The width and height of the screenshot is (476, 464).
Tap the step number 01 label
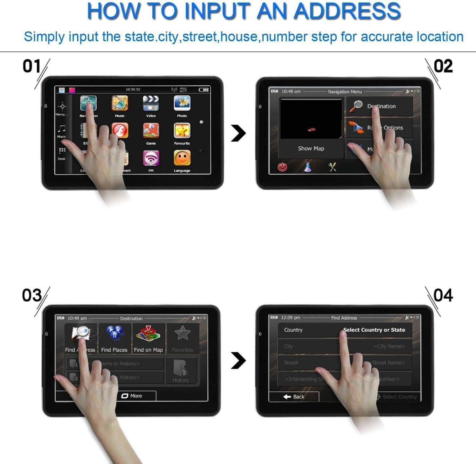32,66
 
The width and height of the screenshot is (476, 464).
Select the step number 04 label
443,295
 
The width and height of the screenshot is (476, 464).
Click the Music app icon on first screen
120,104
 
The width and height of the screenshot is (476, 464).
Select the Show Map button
311,148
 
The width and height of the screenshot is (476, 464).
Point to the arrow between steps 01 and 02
239,133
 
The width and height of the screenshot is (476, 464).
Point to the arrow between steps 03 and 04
239,360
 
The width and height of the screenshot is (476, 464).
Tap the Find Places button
114,338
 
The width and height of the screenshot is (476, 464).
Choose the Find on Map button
148,338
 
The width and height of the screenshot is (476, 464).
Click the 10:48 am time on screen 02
291,91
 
